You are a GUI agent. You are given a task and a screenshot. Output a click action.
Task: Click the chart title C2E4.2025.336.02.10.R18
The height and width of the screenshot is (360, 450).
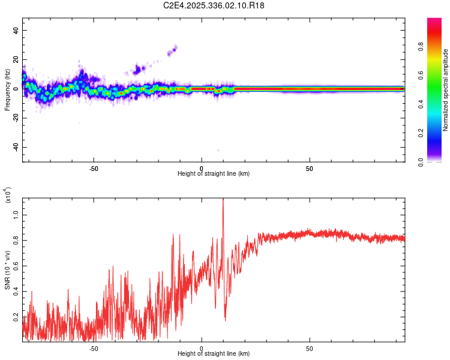point(214,5)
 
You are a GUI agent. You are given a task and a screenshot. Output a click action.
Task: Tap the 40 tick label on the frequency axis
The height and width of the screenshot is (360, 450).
point(16,30)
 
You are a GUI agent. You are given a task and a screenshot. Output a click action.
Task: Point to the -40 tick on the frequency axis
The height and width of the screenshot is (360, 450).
point(16,147)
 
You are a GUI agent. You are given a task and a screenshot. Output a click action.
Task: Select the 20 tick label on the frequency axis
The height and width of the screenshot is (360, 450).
point(16,59)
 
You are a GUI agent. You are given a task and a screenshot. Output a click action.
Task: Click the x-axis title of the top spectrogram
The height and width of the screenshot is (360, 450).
point(214,173)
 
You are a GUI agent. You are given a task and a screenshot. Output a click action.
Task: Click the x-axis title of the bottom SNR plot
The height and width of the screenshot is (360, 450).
point(214,353)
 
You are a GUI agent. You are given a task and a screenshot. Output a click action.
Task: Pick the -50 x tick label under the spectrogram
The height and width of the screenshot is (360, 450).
point(94,168)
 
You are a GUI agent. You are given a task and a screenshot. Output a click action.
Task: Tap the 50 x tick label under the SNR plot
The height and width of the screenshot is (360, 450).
point(309,348)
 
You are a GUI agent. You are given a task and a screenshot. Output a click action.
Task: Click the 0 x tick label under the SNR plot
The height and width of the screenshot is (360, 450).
point(202,348)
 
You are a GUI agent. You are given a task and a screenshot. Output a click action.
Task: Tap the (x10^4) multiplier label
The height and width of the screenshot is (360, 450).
point(9,195)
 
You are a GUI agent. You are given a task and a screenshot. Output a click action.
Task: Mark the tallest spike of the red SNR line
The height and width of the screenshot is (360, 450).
point(223,200)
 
